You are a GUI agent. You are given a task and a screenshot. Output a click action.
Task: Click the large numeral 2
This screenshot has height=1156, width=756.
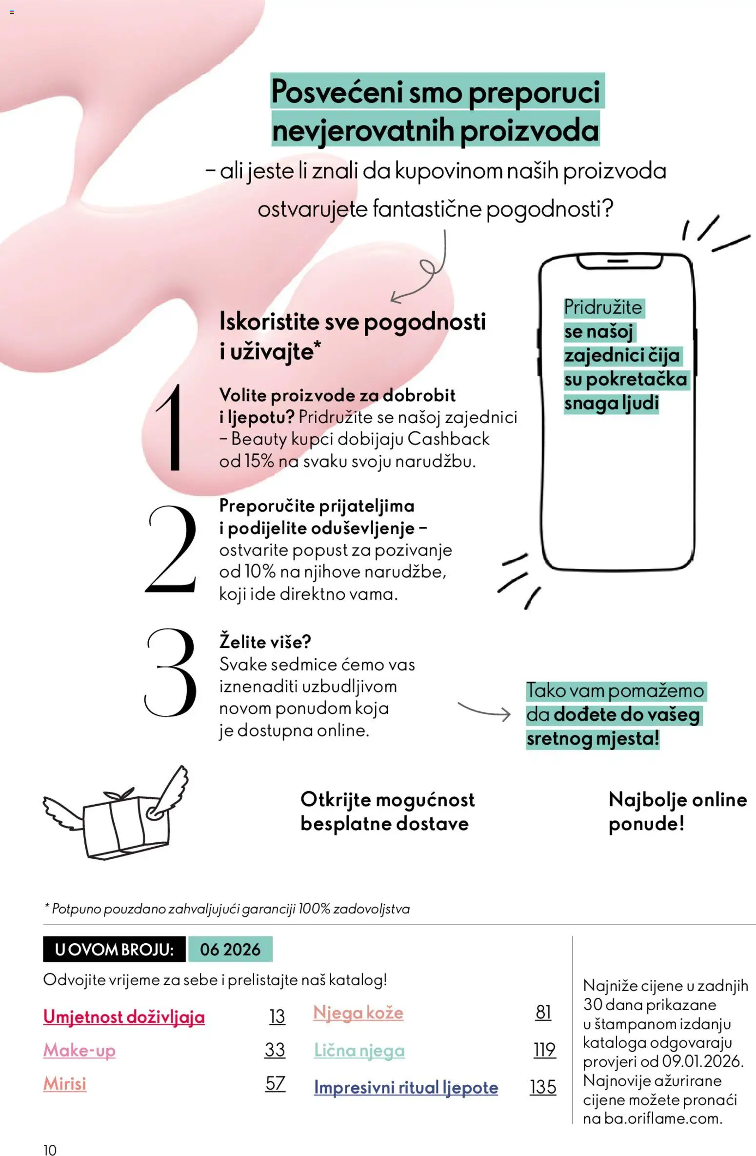171,549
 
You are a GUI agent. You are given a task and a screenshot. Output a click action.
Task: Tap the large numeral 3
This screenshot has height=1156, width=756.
171,672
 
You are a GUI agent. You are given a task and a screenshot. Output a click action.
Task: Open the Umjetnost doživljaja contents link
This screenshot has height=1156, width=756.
124,1017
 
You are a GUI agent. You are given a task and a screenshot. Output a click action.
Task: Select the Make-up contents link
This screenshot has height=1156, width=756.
80,1050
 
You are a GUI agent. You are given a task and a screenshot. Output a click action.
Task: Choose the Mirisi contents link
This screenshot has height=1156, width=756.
65,1083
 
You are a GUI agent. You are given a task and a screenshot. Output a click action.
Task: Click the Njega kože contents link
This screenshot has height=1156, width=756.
358,1013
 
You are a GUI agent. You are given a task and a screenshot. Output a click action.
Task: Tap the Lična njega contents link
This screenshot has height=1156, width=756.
359,1050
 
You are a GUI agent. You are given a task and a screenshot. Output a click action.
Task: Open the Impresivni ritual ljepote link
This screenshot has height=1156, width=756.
406,1087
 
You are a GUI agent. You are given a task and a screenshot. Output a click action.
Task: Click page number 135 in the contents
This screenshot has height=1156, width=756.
543,1087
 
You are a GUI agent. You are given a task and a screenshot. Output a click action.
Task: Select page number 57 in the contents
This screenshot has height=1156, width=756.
275,1083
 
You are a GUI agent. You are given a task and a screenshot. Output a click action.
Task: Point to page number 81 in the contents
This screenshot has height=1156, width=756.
543,1013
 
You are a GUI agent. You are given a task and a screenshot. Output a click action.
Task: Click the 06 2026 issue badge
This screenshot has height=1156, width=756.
230,949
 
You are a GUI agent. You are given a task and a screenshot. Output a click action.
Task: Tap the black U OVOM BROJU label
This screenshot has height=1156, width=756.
114,949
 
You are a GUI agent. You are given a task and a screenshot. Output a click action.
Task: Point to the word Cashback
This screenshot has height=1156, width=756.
448,439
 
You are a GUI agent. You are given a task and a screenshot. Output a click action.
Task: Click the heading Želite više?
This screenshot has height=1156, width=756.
265,642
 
